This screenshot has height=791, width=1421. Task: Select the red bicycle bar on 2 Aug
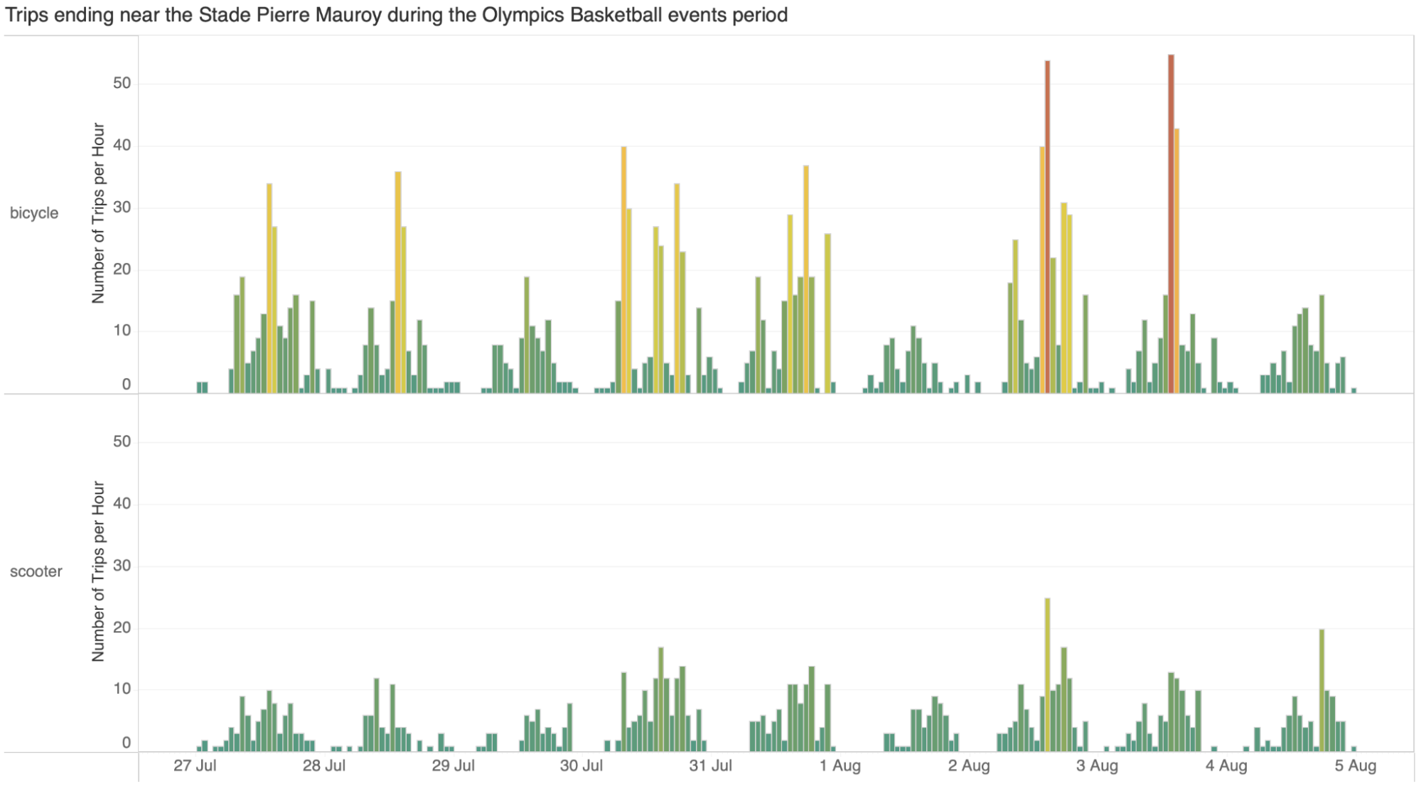(1047, 227)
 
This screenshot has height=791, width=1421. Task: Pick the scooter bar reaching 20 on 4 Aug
(1321, 689)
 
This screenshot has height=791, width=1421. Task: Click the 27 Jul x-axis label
(195, 766)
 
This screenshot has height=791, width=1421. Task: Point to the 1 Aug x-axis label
(840, 766)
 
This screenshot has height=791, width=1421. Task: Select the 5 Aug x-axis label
(1355, 766)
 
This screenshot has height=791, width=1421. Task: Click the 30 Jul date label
(581, 766)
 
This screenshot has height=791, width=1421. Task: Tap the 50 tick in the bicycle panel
(122, 83)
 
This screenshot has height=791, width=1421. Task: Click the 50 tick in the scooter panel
(122, 441)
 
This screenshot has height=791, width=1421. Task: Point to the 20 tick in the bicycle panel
(122, 269)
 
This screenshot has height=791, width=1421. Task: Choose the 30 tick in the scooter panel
(122, 566)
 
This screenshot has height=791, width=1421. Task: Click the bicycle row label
(34, 213)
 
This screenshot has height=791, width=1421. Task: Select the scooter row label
(36, 571)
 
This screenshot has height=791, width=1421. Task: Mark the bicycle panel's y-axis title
(98, 213)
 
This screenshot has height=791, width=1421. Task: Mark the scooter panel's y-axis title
(98, 571)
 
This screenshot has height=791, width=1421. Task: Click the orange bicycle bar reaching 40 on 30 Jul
(623, 270)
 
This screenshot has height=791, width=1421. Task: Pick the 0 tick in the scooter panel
(127, 743)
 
